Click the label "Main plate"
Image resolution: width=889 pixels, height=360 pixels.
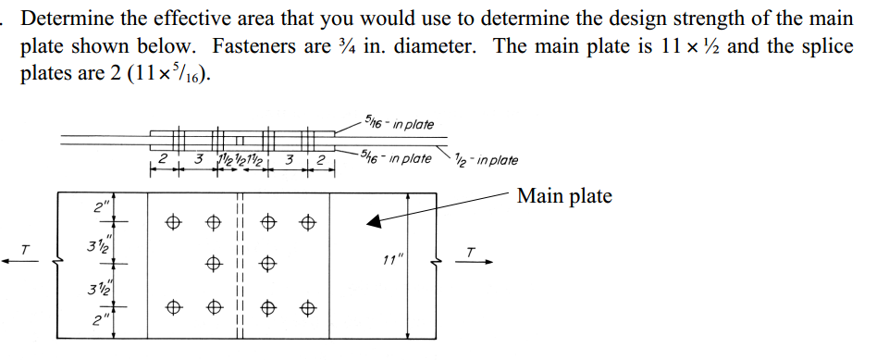pos(564,196)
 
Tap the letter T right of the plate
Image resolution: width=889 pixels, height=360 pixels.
pos(471,249)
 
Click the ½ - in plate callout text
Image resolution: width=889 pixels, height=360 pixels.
pos(488,159)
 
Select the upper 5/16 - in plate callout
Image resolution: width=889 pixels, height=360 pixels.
pos(399,124)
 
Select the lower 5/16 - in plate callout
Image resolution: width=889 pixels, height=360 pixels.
pos(397,158)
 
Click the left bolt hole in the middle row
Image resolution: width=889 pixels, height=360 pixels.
pos(214,263)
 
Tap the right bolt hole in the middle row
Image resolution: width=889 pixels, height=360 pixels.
pos(269,263)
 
